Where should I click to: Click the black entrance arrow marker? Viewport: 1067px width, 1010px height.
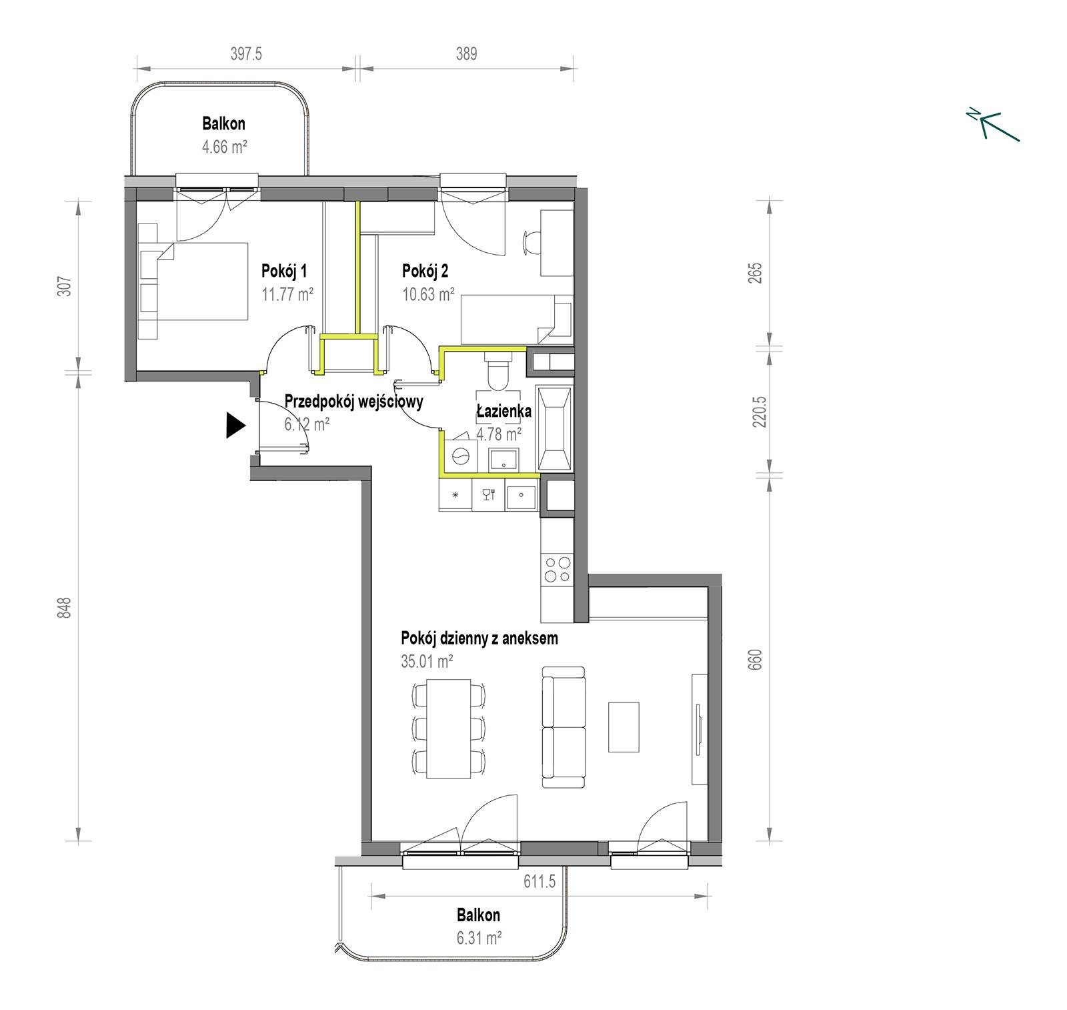(x=235, y=425)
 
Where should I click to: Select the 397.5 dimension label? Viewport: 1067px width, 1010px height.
(x=246, y=53)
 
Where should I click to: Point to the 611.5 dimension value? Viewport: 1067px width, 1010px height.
(x=539, y=882)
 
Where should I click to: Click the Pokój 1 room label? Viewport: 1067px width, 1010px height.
(x=284, y=271)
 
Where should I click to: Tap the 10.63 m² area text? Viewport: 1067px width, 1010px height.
(x=428, y=294)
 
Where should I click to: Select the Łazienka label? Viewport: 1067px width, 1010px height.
(x=503, y=411)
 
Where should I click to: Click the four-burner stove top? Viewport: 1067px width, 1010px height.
(x=557, y=569)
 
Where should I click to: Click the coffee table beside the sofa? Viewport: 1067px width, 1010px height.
(x=624, y=727)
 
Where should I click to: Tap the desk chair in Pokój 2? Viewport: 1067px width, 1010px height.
(x=532, y=243)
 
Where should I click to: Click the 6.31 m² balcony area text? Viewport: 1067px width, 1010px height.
(x=479, y=938)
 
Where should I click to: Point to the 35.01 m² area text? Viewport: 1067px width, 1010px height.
(x=427, y=661)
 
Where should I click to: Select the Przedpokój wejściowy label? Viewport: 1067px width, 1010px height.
(x=353, y=402)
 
